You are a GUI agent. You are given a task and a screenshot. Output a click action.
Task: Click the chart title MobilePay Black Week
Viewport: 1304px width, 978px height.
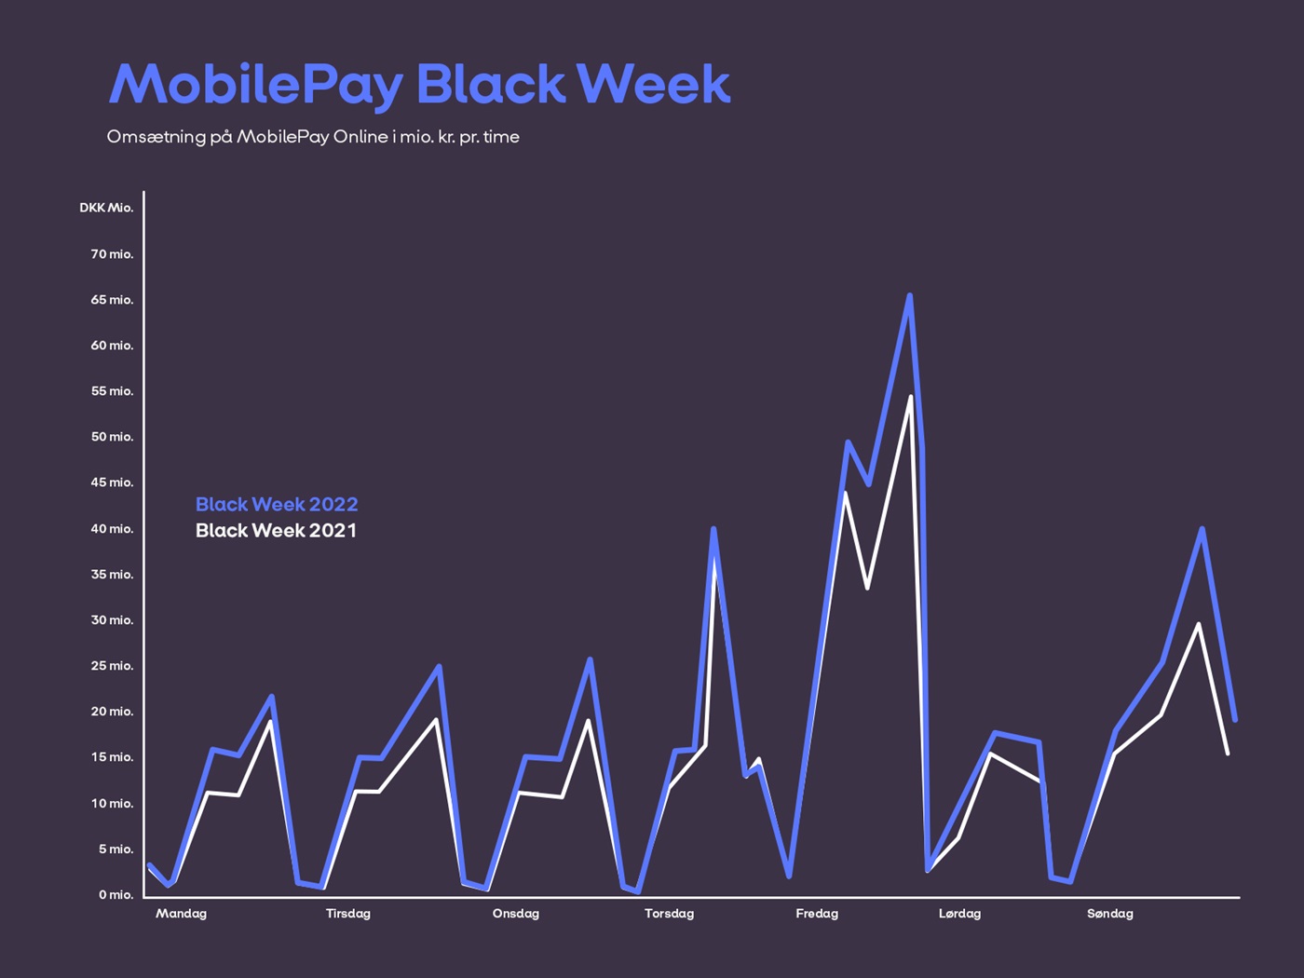tap(419, 86)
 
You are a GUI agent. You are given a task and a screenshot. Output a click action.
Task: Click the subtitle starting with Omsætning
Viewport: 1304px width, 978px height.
tap(313, 137)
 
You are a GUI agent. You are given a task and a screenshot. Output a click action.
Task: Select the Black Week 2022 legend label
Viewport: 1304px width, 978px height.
tap(277, 505)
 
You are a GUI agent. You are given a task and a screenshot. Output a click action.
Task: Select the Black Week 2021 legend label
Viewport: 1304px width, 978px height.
tap(276, 531)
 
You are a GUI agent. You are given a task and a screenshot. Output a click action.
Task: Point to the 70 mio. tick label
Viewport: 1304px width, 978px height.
tap(112, 254)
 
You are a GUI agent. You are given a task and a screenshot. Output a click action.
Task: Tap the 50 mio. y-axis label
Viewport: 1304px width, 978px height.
tap(112, 437)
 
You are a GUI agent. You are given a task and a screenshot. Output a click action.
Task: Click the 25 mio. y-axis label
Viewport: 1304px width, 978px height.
tap(112, 666)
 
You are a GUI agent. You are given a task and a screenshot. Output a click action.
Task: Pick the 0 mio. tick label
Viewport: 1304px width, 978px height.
tap(115, 895)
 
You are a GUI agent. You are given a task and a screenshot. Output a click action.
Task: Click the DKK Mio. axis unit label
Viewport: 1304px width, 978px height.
tap(106, 208)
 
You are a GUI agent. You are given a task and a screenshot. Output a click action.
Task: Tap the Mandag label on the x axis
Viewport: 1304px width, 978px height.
tap(181, 914)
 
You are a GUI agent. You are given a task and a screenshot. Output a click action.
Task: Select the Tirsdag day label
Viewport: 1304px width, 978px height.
tap(347, 914)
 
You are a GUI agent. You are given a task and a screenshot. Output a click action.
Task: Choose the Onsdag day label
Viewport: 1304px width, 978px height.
tap(515, 914)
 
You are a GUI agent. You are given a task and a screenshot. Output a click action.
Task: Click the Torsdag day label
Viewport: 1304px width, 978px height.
tap(669, 914)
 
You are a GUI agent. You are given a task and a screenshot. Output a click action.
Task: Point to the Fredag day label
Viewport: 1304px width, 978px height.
tap(817, 914)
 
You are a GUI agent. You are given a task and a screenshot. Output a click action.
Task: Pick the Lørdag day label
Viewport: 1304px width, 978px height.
tap(959, 914)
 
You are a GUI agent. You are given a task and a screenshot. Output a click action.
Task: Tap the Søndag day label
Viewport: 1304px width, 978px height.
tap(1109, 914)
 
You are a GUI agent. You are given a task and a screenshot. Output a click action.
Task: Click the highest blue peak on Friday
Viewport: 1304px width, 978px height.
tap(909, 296)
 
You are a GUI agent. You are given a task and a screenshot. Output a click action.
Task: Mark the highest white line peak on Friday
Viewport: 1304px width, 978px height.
tap(910, 398)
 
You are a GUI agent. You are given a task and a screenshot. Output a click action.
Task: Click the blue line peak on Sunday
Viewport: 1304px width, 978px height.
tap(1202, 529)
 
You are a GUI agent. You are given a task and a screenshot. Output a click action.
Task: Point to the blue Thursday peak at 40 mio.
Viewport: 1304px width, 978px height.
tap(713, 529)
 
